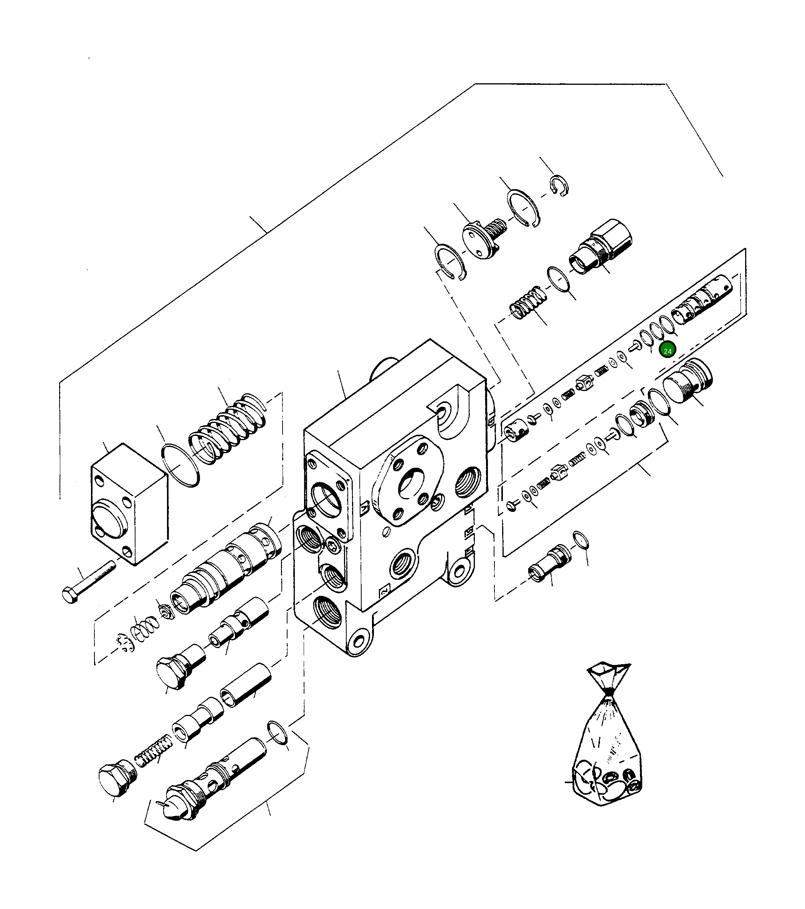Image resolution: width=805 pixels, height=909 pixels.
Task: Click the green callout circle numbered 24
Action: (667, 351)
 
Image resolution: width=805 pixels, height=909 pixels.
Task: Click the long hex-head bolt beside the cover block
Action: (89, 582)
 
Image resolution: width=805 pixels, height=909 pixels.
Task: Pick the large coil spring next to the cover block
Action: (227, 429)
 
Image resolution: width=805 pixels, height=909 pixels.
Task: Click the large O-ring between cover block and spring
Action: (180, 465)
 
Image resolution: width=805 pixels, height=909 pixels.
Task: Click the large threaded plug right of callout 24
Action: (686, 381)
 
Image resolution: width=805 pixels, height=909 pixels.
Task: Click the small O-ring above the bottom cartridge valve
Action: (278, 732)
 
